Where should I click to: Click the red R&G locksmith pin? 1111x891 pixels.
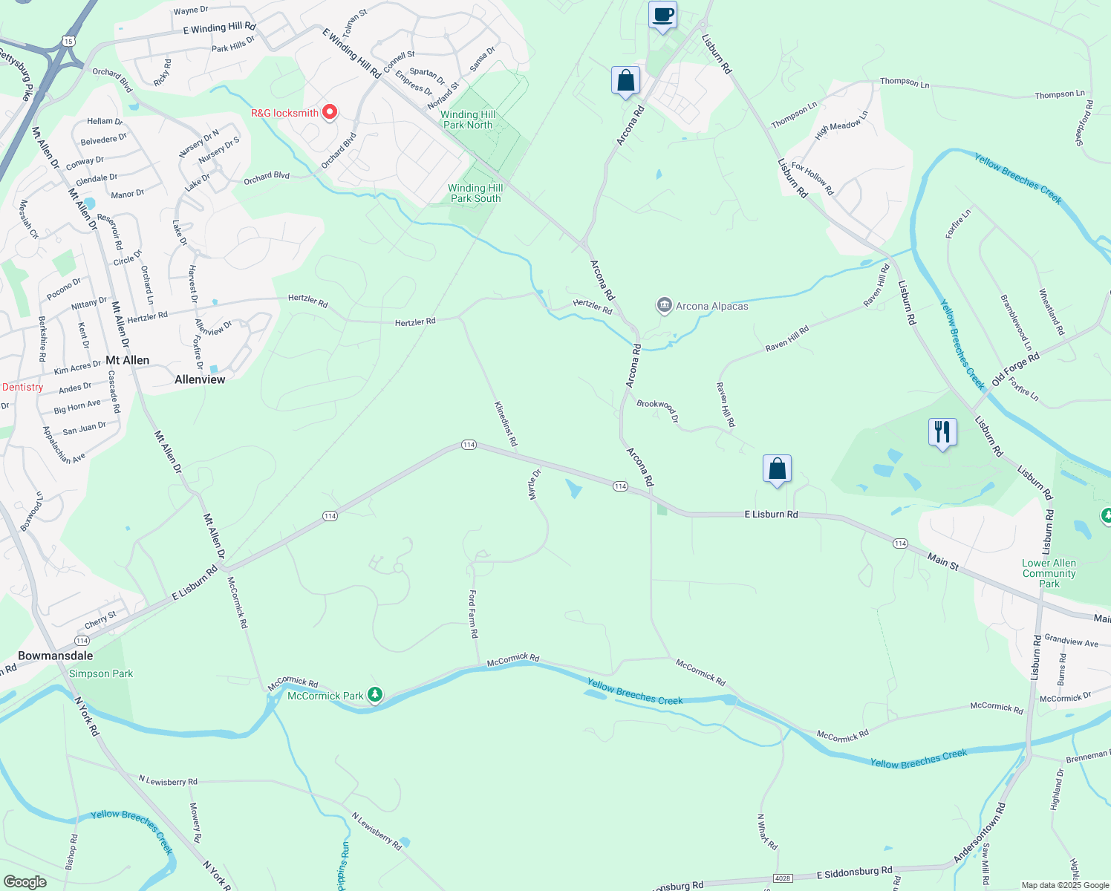click(x=330, y=113)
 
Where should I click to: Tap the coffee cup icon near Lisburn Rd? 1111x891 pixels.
click(x=662, y=15)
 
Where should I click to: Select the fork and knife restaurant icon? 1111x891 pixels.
click(x=942, y=431)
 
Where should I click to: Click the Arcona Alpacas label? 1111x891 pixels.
click(x=711, y=306)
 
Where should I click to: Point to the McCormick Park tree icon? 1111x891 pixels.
click(x=376, y=695)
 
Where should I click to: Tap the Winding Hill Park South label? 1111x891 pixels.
click(x=475, y=193)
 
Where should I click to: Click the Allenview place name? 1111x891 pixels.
click(x=200, y=379)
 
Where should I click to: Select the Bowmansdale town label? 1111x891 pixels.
click(x=56, y=656)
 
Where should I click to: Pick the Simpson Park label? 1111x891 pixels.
click(x=101, y=673)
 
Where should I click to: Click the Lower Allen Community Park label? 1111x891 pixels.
click(x=1049, y=573)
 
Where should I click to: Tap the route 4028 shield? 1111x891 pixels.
click(x=783, y=878)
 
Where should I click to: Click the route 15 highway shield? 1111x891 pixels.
click(x=68, y=41)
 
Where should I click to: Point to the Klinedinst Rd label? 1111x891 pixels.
click(x=506, y=423)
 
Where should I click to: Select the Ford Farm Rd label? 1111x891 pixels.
click(x=473, y=614)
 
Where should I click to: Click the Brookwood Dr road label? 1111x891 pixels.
click(x=657, y=411)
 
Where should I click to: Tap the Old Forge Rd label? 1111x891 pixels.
click(x=1015, y=369)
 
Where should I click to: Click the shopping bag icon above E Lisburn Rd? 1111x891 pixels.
click(x=777, y=469)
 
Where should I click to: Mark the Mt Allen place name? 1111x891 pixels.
click(x=127, y=360)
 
